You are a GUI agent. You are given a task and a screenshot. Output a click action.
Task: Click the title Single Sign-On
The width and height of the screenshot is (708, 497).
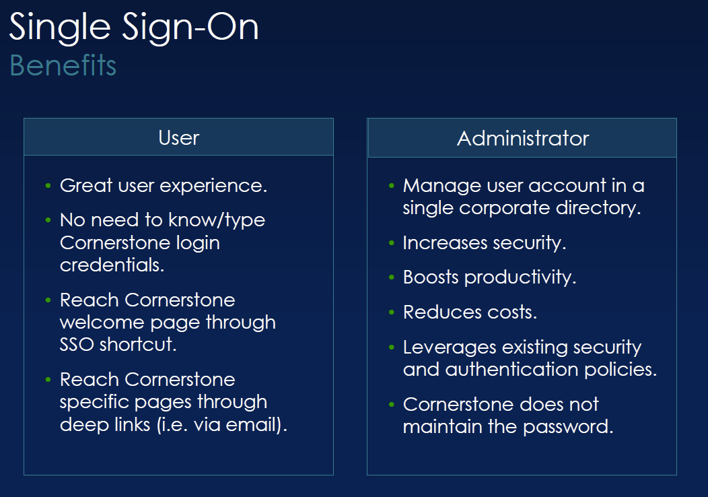[x=134, y=28]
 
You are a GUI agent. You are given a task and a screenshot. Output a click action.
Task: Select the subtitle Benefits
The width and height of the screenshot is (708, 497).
[x=63, y=66]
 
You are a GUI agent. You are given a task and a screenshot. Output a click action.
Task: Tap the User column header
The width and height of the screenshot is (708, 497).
[x=178, y=138]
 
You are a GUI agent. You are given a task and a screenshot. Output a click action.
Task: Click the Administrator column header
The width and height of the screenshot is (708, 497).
[x=523, y=139]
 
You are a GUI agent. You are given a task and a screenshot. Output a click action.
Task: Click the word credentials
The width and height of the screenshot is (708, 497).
[x=112, y=265]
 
